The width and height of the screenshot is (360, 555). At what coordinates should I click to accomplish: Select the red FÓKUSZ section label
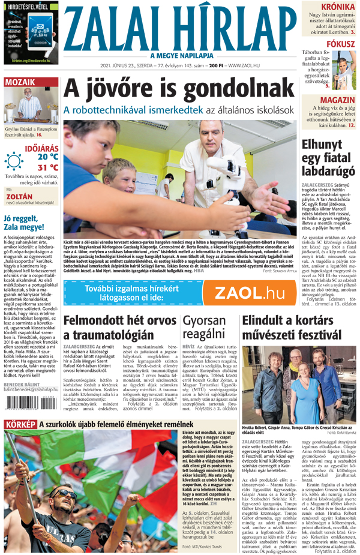coord(340,44)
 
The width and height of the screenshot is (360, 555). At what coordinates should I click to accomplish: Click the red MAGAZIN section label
coord(337,100)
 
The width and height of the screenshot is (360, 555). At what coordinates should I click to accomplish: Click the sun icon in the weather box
coord(13,161)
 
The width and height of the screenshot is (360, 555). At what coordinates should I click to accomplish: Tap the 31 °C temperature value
coord(47,167)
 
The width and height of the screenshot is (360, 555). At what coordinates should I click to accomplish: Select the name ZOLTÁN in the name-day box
coord(19,196)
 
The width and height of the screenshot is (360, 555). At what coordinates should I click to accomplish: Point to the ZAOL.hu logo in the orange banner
coord(249,292)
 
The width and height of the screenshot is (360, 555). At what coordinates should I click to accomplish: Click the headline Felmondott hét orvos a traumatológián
coord(120,328)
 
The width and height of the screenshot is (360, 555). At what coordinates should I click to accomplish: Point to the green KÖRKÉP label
coord(20,424)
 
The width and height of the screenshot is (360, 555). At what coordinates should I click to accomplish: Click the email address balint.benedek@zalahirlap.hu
coord(31,388)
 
